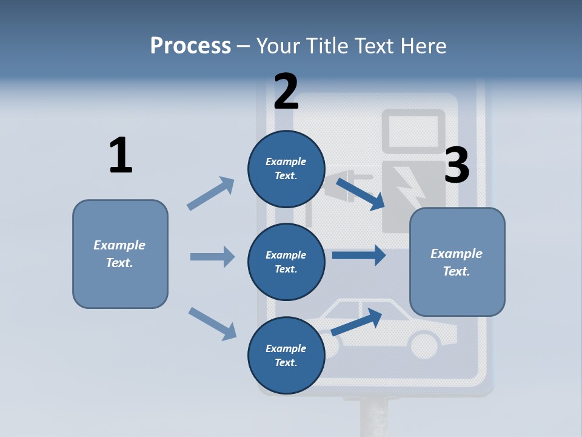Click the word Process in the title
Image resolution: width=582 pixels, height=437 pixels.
pos(190,46)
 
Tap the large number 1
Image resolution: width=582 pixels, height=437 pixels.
pos(121,155)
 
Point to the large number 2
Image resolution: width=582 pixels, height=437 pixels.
pos(286,91)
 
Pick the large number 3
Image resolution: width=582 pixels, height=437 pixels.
pos(457,165)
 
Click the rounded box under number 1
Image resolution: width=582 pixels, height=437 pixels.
pos(120,254)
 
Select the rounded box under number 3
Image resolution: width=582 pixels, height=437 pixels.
pos(457,262)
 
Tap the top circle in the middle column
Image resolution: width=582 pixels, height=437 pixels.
pos(286,169)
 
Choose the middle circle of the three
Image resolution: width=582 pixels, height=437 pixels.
pos(286,262)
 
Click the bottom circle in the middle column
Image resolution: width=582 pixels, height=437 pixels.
pos(286,355)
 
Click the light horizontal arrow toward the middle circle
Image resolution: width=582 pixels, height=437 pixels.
pos(212,257)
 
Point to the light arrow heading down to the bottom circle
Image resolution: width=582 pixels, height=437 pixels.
pos(212,323)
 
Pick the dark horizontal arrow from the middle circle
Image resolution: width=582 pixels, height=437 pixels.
pos(359,255)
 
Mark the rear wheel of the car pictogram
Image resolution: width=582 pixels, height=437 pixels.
pos(425,345)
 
